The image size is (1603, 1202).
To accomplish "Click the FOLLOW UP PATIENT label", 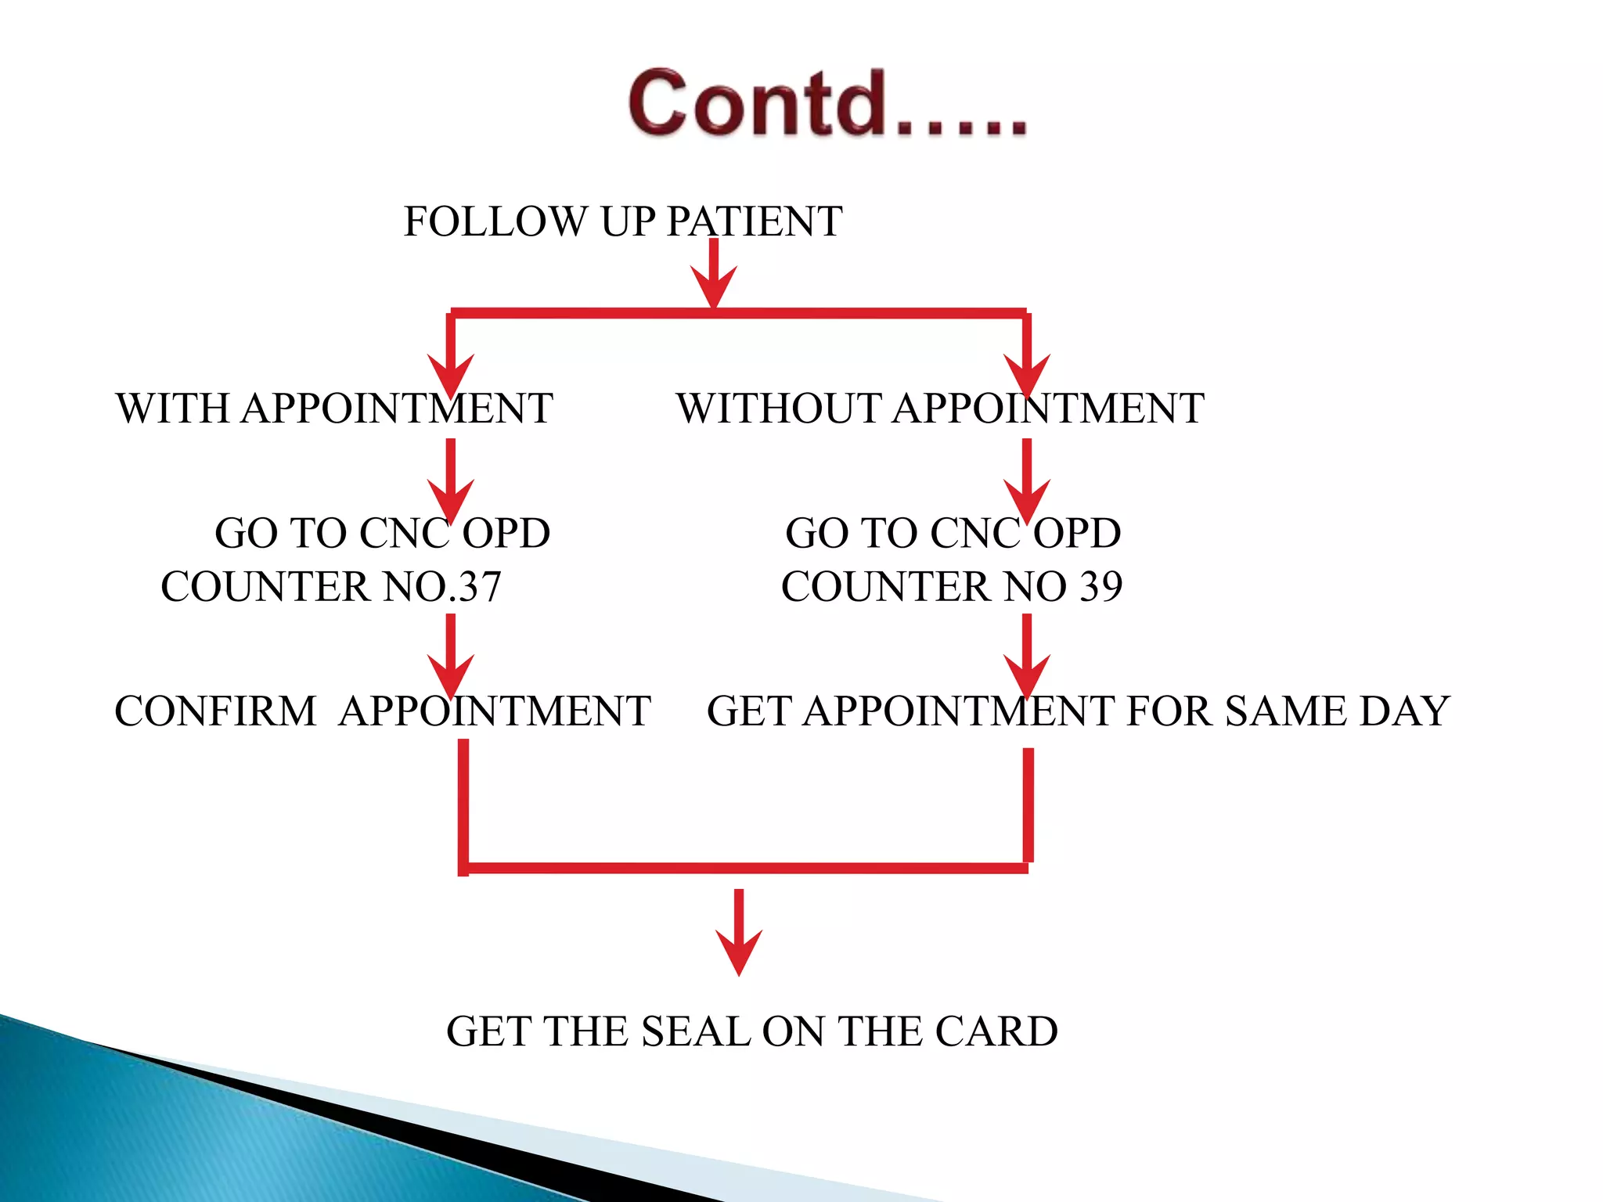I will (622, 221).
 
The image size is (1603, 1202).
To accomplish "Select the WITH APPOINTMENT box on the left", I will (334, 408).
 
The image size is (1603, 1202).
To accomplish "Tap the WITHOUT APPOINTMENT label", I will (939, 408).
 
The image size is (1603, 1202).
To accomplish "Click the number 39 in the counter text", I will (1100, 587).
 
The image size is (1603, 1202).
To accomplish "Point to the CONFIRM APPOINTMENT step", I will (382, 711).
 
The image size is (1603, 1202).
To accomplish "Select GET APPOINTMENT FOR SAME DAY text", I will (1078, 711).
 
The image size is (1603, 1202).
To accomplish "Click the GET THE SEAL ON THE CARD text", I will (751, 1031).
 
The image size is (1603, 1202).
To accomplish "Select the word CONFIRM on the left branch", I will (215, 711).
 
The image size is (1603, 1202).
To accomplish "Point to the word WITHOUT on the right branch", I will (779, 408).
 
